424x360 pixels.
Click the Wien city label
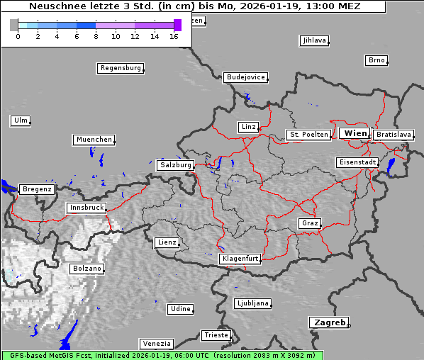pyautogui.click(x=355, y=133)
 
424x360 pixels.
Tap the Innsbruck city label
pyautogui.click(x=87, y=208)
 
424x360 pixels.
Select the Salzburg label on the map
pyautogui.click(x=176, y=165)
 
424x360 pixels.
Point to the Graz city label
pyautogui.click(x=310, y=223)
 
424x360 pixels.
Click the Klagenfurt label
pyautogui.click(x=240, y=259)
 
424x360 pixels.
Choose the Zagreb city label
pyautogui.click(x=328, y=322)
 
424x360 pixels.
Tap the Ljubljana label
pyautogui.click(x=252, y=303)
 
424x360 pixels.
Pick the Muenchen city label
pyautogui.click(x=94, y=140)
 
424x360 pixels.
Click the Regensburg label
pyautogui.click(x=121, y=68)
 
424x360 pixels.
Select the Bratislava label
pyautogui.click(x=394, y=134)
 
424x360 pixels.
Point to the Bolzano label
pyautogui.click(x=87, y=269)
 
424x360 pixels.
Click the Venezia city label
pyautogui.click(x=156, y=344)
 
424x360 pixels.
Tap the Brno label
pyautogui.click(x=376, y=60)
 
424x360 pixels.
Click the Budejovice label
pyautogui.click(x=245, y=77)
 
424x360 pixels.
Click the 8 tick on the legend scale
pyautogui.click(x=96, y=36)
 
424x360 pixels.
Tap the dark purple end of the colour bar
pyautogui.click(x=177, y=25)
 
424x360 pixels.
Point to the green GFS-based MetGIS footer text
pyautogui.click(x=162, y=355)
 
